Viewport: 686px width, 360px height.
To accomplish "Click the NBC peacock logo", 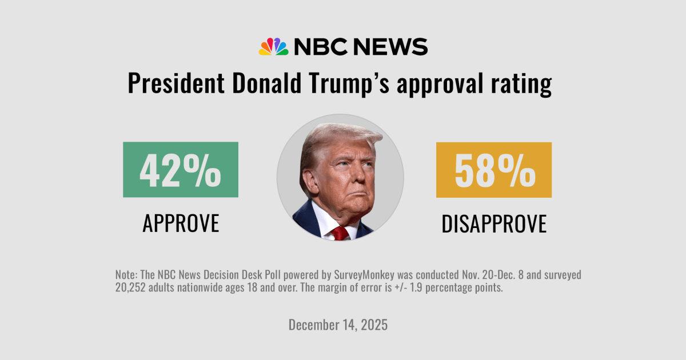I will click(273, 47).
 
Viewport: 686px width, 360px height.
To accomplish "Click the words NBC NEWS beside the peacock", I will click(361, 46).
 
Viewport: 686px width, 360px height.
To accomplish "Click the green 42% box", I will click(180, 170).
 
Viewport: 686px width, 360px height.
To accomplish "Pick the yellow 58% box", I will click(493, 170).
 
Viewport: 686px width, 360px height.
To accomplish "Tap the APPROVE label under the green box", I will click(180, 223).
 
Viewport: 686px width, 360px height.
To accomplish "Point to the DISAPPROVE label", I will click(494, 223).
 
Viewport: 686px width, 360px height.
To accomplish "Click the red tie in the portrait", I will click(341, 233).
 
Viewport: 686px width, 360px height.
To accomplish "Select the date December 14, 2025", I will click(338, 325).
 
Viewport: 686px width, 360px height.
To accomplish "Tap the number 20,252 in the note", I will click(133, 287).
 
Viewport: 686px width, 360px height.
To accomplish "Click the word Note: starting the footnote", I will click(127, 275).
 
